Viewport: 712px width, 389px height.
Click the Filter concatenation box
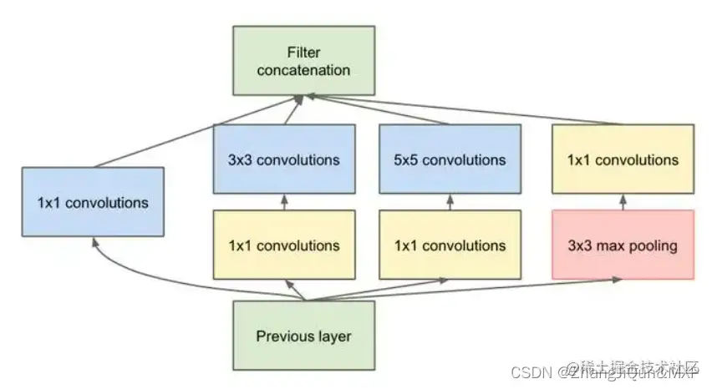coord(303,60)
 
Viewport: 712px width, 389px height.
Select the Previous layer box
coord(303,336)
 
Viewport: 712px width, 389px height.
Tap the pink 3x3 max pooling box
coord(623,245)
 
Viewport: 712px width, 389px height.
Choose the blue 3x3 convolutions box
coord(284,159)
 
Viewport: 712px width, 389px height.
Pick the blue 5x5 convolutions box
coord(450,159)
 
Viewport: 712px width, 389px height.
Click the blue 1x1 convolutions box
coord(94,202)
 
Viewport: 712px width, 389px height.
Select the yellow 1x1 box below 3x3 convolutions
coord(284,245)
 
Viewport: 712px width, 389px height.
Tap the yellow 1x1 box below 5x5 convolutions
coord(450,245)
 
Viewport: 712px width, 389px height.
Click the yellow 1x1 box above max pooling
coord(623,159)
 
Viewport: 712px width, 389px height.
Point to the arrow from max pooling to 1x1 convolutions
coord(623,203)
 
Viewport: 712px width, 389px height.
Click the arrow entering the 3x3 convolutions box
coord(284,203)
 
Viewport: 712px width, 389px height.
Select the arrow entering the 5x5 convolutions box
coord(450,203)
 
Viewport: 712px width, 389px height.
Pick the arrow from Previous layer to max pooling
coord(468,290)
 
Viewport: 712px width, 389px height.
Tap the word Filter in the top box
coord(303,53)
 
